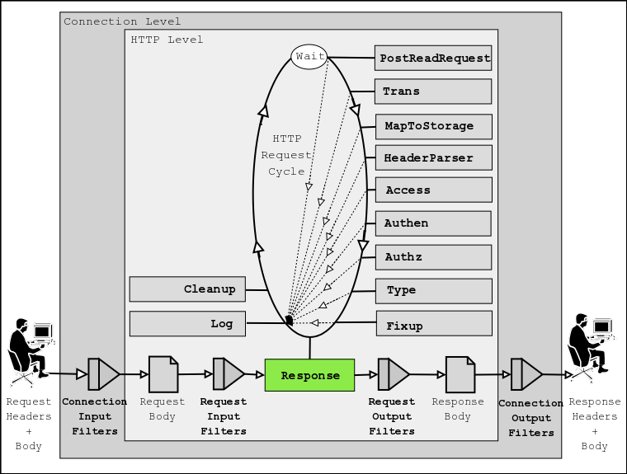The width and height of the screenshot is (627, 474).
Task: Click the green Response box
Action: coord(309,375)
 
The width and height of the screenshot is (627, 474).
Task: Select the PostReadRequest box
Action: coord(433,59)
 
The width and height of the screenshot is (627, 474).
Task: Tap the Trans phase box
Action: coord(433,92)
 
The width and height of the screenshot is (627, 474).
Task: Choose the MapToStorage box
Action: coord(433,126)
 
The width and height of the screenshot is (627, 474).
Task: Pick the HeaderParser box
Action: coord(433,157)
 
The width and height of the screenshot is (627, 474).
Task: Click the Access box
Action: coord(433,190)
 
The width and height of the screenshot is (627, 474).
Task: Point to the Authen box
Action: coord(433,223)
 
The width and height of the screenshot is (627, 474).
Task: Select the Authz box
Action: coord(433,257)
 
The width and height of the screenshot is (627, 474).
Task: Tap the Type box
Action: coord(433,290)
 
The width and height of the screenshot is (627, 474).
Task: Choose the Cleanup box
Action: coord(187,289)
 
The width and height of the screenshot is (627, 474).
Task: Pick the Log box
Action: coord(187,324)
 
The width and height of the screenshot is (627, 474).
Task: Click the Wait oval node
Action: coord(309,57)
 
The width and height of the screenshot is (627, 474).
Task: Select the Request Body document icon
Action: coord(163,374)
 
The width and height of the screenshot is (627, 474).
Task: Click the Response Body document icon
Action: coord(460,374)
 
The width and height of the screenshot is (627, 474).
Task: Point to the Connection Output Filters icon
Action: coord(526,374)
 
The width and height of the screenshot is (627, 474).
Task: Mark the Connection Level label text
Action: coord(122,21)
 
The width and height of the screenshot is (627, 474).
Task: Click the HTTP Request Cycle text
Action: coord(286,155)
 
